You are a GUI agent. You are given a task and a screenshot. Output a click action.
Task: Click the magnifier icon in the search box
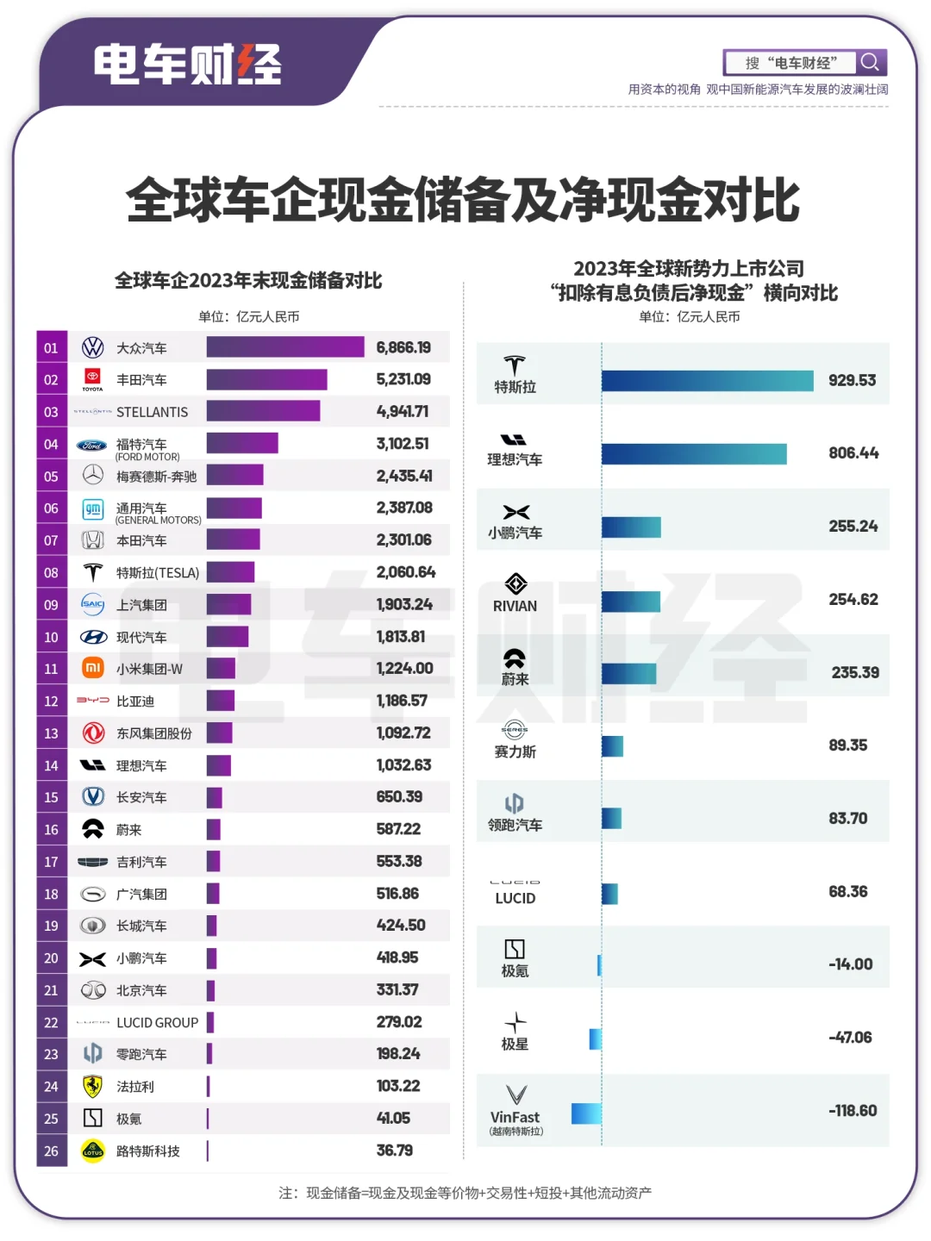coord(871,62)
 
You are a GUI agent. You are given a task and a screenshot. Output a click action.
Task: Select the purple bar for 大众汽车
coord(285,347)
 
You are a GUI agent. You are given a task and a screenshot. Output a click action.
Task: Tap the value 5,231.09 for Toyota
coord(403,379)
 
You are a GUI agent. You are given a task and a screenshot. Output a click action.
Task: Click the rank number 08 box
coord(52,573)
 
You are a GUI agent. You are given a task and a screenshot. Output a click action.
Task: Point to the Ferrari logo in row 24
coord(92,1087)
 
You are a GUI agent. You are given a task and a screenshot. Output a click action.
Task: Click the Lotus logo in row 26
coord(92,1151)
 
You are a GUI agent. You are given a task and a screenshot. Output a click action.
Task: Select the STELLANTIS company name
coord(152,412)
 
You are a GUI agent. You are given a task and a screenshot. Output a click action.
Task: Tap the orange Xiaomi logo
coord(92,669)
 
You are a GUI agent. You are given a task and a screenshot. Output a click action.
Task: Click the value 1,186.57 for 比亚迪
coord(402,701)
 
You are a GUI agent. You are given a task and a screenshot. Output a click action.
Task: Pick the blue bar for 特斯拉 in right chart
coord(707,380)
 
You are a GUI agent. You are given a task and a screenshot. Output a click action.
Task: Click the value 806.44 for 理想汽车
coord(853,453)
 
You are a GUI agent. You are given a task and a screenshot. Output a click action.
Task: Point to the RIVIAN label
coord(515,607)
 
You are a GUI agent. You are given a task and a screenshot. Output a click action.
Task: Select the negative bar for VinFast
coord(586,1113)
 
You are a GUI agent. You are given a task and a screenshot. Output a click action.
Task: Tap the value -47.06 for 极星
coord(850,1038)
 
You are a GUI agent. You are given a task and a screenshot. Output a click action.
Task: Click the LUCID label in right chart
coord(515,898)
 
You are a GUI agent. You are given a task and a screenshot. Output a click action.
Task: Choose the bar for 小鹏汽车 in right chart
coord(631,527)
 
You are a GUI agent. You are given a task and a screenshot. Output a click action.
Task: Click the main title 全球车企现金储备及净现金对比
coord(463,201)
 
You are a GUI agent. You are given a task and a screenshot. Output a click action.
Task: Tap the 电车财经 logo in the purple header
coord(187,65)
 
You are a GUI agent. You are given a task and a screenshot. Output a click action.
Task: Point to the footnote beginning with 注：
coord(465,1193)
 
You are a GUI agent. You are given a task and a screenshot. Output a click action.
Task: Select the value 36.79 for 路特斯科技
coord(395,1151)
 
